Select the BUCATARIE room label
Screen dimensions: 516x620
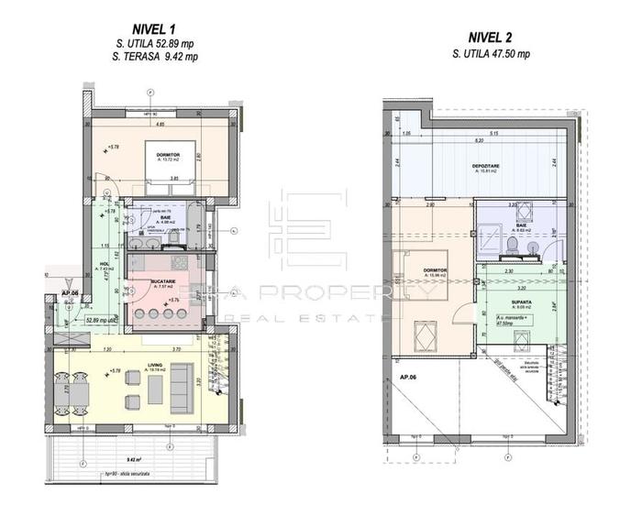point(165,280)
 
